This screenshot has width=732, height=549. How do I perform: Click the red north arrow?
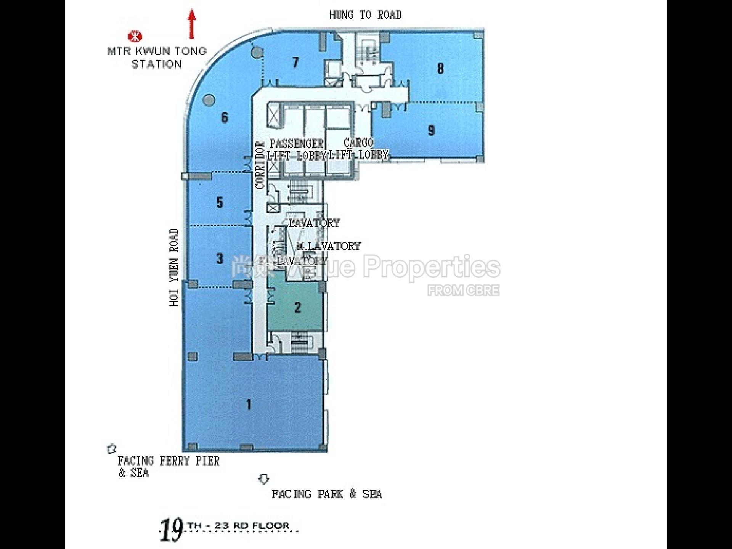[x=192, y=24]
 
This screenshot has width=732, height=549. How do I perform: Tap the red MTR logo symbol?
[x=135, y=37]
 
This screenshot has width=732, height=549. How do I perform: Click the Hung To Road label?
[x=365, y=15]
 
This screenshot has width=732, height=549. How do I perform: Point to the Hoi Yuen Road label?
[x=174, y=267]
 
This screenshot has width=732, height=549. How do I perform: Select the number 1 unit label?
[x=249, y=404]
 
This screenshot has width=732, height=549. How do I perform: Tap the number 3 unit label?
[x=220, y=258]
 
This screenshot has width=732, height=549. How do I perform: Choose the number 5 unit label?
[x=220, y=202]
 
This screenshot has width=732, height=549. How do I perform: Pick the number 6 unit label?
[x=225, y=117]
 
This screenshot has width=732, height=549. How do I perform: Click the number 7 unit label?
[x=295, y=62]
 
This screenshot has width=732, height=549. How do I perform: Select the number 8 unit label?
[x=440, y=69]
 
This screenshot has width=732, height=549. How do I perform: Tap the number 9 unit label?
[x=431, y=130]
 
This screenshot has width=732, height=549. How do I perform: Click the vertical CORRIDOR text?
[x=260, y=165]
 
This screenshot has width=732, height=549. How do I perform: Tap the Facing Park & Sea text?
[x=327, y=494]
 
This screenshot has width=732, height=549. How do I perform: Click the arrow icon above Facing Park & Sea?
[x=264, y=479]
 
